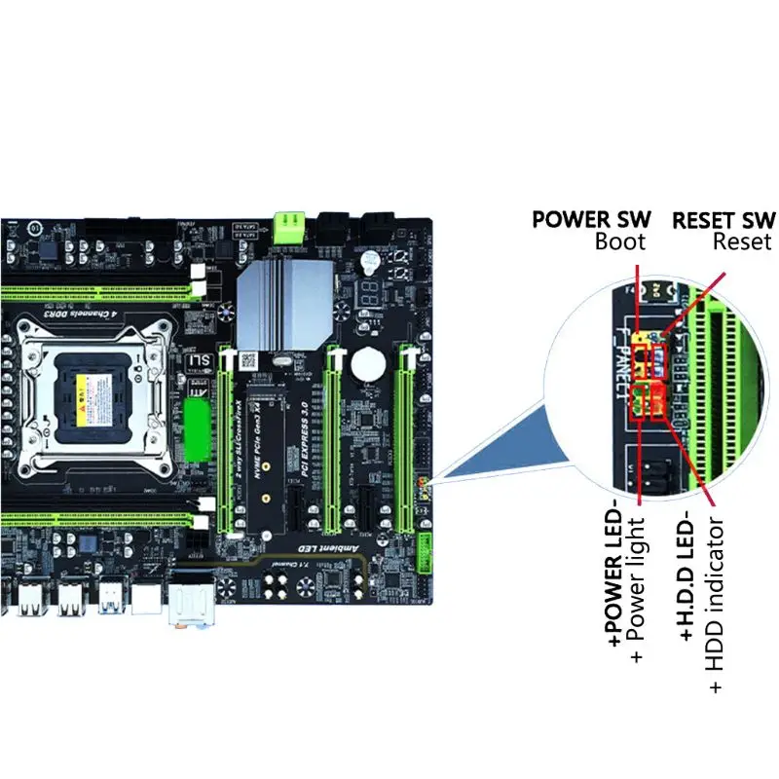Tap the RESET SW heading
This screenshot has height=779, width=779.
[723, 219]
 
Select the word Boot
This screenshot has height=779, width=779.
[620, 242]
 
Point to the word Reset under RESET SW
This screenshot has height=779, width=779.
[742, 242]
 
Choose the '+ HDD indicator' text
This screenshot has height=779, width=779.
[716, 604]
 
